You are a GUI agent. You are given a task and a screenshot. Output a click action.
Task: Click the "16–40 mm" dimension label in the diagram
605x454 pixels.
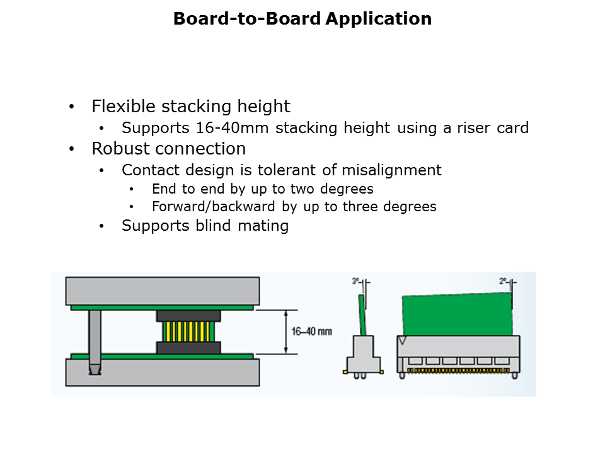pyautogui.click(x=311, y=332)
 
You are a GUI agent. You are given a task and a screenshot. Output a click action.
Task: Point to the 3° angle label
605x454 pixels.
pyautogui.click(x=355, y=281)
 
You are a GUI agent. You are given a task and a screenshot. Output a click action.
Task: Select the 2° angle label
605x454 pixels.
pyautogui.click(x=504, y=281)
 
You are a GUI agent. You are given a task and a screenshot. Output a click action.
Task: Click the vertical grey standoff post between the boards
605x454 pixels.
pyautogui.click(x=95, y=337)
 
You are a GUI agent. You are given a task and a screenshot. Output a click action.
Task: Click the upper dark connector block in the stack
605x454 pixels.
pyautogui.click(x=188, y=316)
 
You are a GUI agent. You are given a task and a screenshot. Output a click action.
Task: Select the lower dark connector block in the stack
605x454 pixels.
pyautogui.click(x=188, y=347)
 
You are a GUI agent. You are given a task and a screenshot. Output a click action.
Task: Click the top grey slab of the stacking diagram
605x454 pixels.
pyautogui.click(x=162, y=291)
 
